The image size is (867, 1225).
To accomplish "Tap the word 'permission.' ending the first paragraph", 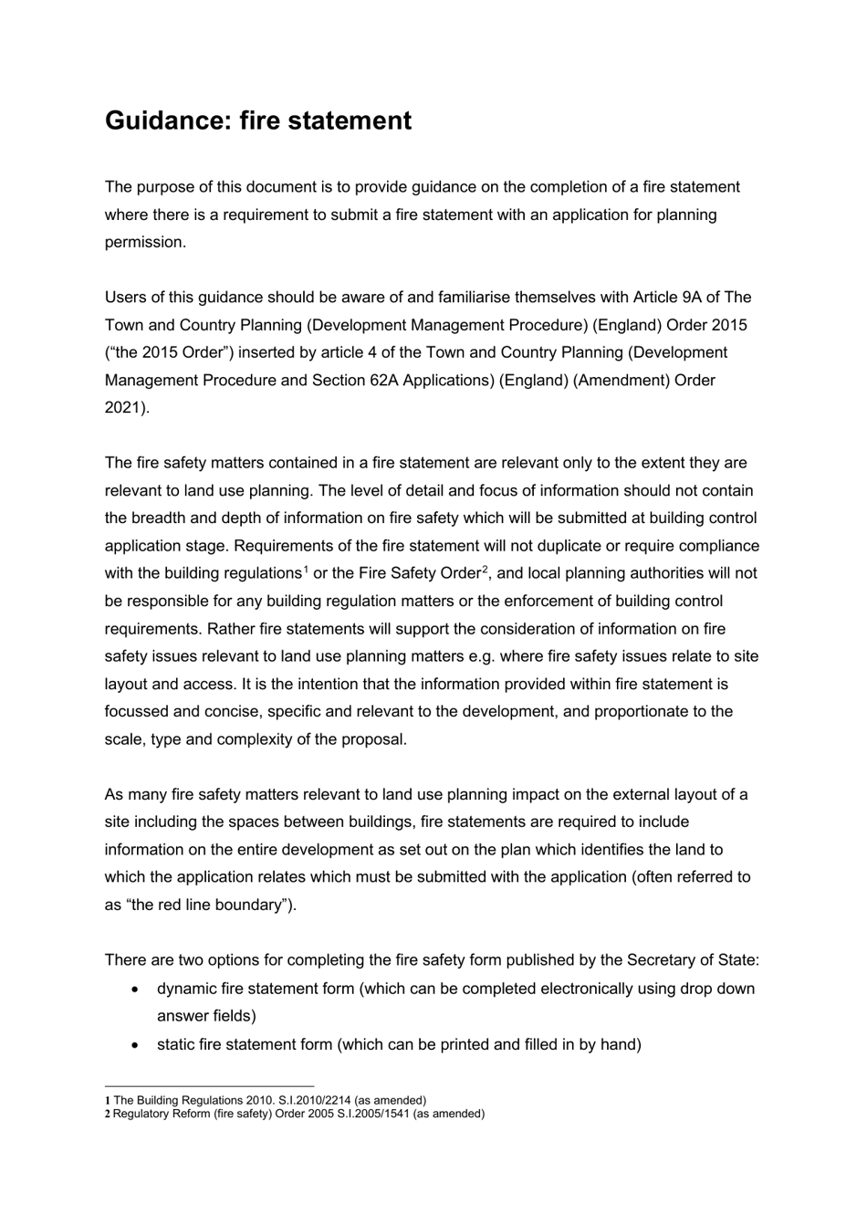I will point(145,242).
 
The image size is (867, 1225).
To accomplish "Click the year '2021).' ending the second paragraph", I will point(127,407).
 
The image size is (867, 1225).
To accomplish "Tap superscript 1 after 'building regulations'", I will point(305,570).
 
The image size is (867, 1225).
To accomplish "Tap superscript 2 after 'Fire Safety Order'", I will point(486,570).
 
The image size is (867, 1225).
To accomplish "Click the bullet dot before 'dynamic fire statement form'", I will point(136,989).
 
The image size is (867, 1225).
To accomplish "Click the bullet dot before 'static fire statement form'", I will point(136,1044).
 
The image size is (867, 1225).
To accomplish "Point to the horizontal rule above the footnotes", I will point(209,1086).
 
